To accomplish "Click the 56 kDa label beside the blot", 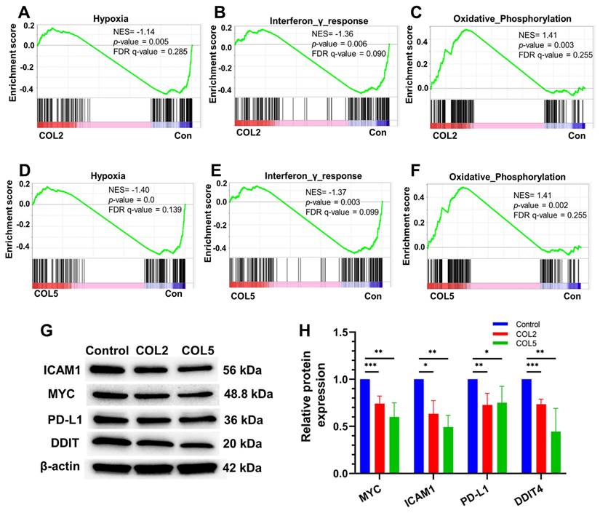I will coord(244,369).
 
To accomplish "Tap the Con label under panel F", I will coord(572,296).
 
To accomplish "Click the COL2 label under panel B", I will coord(248,132).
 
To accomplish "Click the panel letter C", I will coord(416,13).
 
